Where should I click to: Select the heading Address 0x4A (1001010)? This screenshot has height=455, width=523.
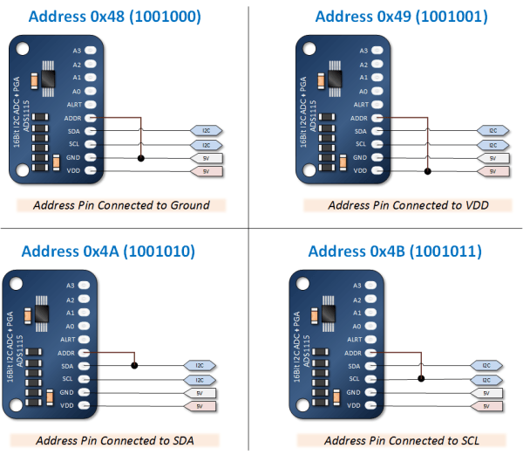pyautogui.click(x=107, y=252)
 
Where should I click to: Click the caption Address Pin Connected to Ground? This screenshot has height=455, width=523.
pyautogui.click(x=121, y=205)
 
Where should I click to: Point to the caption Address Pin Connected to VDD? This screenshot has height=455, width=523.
pyautogui.click(x=402, y=205)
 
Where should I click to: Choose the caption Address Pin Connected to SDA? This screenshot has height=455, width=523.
pyautogui.click(x=114, y=438)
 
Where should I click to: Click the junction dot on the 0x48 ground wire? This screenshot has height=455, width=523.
pyautogui.click(x=140, y=158)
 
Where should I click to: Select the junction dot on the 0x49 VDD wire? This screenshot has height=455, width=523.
pyautogui.click(x=426, y=171)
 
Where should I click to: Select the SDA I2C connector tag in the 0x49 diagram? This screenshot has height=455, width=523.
pyautogui.click(x=492, y=131)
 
